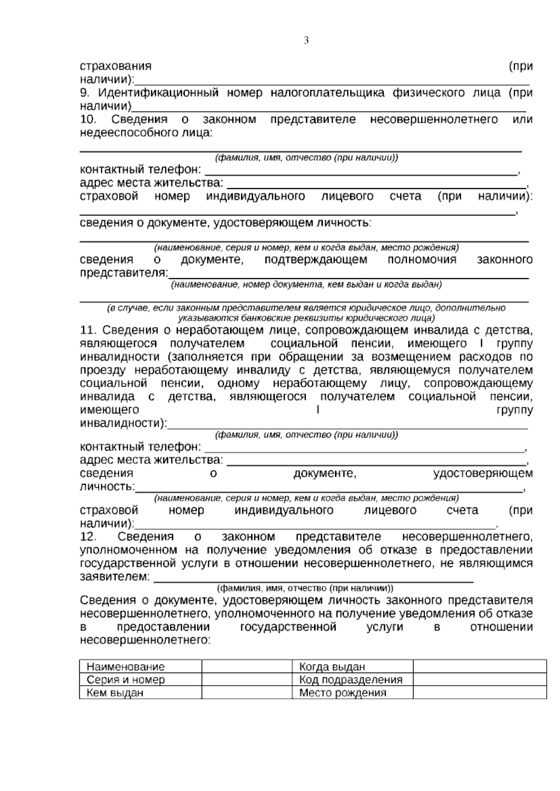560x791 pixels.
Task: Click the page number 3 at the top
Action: (x=306, y=41)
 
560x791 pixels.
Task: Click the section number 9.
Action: (x=84, y=93)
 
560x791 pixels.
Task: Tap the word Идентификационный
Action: (x=158, y=93)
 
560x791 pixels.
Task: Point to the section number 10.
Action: (x=88, y=120)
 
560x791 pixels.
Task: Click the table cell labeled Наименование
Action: (x=126, y=667)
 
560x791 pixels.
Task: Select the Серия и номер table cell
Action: (x=126, y=680)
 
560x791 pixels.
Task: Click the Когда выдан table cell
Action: (x=332, y=667)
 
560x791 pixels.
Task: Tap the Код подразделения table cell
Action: (x=350, y=680)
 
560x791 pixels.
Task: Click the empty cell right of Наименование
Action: (x=247, y=667)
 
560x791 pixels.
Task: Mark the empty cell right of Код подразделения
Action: (x=479, y=680)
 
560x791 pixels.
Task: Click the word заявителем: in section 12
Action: (x=115, y=577)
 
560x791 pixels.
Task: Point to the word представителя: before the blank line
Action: (x=124, y=273)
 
